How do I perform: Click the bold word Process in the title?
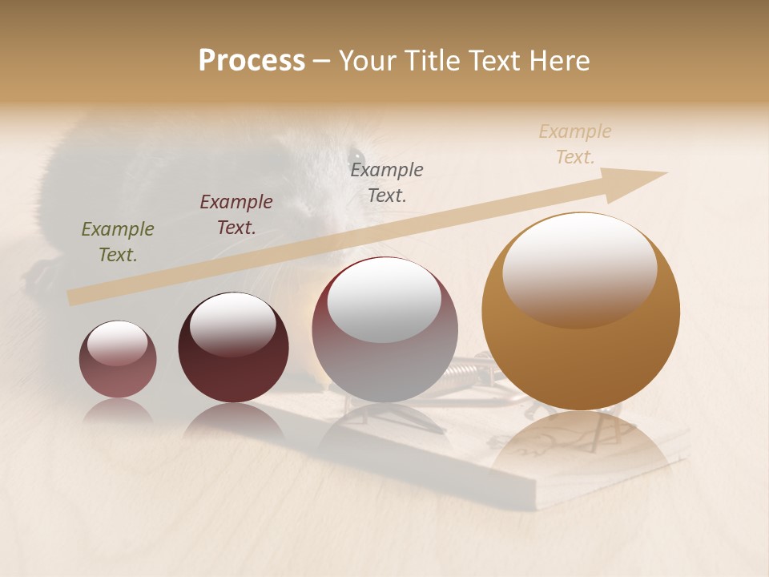coord(252,61)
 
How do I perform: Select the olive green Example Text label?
coord(117,242)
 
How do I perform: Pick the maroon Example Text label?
coord(236,215)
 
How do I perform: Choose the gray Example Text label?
coord(386,182)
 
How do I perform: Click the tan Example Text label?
coord(574,144)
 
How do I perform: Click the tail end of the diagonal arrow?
coord(72,297)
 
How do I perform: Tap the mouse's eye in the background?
coord(356,155)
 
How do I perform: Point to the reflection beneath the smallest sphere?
coord(118,412)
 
